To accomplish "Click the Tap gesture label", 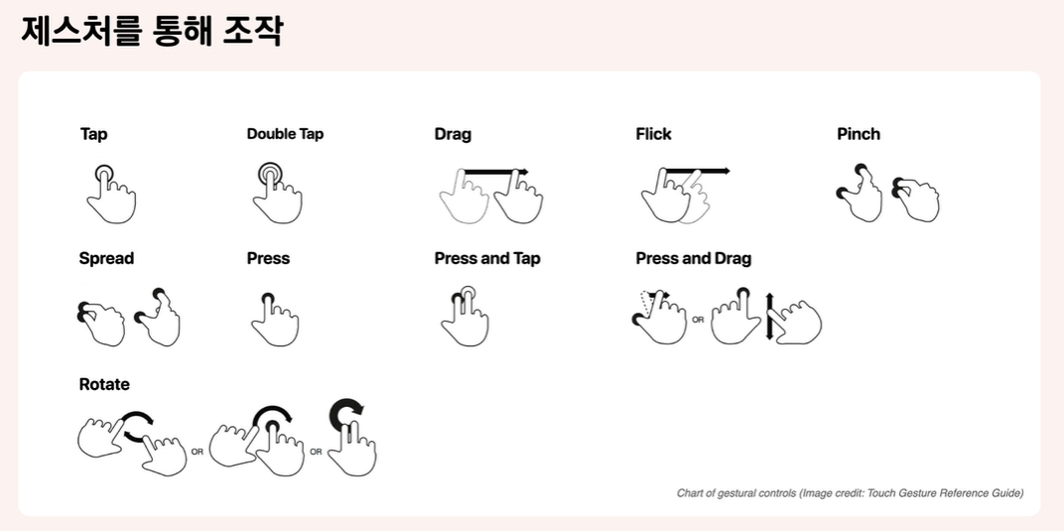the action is tap(93, 134).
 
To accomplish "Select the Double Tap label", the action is tap(285, 134).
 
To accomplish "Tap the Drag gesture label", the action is tap(453, 134).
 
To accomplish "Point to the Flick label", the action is tap(653, 134).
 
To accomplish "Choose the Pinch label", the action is tap(859, 134).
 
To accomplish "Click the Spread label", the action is tap(106, 258).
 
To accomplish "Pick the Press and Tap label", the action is tap(487, 258).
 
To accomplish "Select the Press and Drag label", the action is tap(694, 258).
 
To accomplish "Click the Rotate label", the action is tap(104, 384).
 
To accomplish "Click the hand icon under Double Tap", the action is tap(277, 194).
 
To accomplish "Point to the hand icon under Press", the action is tap(275, 320).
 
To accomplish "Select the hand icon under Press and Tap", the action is tap(465, 317).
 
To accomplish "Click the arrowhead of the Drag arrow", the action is tap(524, 172).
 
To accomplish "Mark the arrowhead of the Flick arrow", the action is tap(726, 171).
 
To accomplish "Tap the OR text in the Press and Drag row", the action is tap(698, 321).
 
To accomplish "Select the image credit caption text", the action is tap(850, 493).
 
